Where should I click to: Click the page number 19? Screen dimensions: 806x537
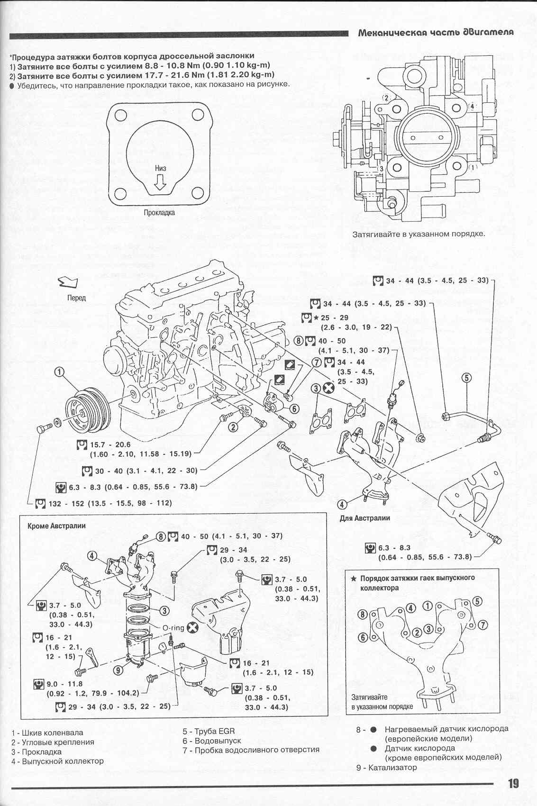tap(513, 783)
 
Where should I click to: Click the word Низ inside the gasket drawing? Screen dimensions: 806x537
tap(160, 168)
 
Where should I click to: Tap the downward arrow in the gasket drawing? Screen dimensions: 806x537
tap(160, 182)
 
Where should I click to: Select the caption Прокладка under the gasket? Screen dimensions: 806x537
tap(159, 213)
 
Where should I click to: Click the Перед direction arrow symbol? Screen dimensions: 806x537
tap(67, 283)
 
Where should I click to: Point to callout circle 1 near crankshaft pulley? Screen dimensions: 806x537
tap(59, 372)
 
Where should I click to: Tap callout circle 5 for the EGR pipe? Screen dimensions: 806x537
tap(467, 378)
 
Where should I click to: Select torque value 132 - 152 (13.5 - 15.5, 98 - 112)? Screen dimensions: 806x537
tap(110, 503)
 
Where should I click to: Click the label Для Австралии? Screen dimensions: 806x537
tap(364, 518)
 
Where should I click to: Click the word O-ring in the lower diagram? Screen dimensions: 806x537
tap(173, 628)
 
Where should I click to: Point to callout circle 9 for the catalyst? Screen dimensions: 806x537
tap(119, 670)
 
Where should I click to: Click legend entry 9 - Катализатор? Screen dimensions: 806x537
tap(386, 767)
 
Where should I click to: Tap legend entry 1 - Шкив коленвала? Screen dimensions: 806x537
tap(47, 733)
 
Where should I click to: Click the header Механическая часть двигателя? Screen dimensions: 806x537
tap(436, 33)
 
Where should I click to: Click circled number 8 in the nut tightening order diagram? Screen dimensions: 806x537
tap(363, 615)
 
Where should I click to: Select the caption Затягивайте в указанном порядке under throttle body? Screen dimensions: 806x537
tap(419, 234)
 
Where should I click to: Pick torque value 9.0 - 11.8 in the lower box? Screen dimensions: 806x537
tap(65, 684)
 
